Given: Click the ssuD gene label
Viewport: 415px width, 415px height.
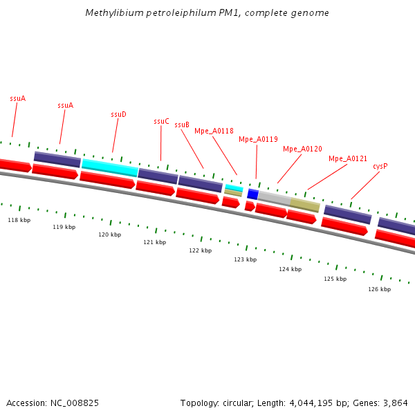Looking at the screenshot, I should click(x=118, y=114).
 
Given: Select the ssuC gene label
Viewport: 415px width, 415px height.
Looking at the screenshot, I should click(x=161, y=121).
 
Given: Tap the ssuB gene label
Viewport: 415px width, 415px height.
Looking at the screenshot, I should click(x=182, y=124).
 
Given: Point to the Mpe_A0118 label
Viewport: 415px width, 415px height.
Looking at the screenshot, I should click(x=214, y=131).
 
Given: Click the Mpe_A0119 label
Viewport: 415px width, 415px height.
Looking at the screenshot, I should click(x=258, y=139).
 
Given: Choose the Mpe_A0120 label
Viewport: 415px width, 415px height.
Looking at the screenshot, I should click(x=302, y=149).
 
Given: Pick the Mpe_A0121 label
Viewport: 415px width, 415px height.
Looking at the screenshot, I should click(x=348, y=158).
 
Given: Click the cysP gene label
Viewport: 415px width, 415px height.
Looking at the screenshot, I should click(x=380, y=166).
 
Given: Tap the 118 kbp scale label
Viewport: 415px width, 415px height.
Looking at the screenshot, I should click(x=19, y=220).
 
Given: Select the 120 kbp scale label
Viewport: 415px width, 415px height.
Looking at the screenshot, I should click(x=109, y=234).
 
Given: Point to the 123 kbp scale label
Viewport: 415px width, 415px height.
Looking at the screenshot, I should click(x=245, y=259).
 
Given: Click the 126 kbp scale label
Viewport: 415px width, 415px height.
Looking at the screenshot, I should click(x=379, y=289).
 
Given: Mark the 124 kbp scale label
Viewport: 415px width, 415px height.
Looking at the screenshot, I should click(x=290, y=269).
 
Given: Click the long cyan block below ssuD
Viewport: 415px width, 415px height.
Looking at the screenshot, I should click(x=110, y=167).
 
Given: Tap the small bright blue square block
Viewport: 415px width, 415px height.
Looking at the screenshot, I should click(x=252, y=194).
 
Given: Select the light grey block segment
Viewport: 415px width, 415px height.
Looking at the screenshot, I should click(x=274, y=199).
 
